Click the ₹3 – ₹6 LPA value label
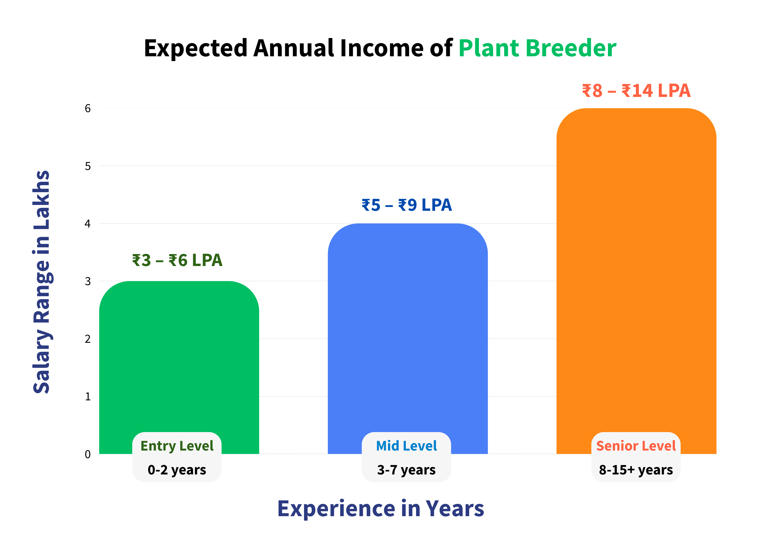pos(177,260)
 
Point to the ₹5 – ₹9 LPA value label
pos(407,205)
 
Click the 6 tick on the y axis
pos(88,108)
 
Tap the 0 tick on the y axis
pos(88,454)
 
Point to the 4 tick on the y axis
pos(88,223)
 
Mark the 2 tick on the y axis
pos(88,339)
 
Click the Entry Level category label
pos(177,446)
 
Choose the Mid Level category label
pos(407,446)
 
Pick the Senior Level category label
pos(636,446)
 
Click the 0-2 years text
pos(177,470)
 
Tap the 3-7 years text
pos(407,470)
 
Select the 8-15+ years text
pos(636,470)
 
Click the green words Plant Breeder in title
pos(537,48)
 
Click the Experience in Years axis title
pos(381,509)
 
